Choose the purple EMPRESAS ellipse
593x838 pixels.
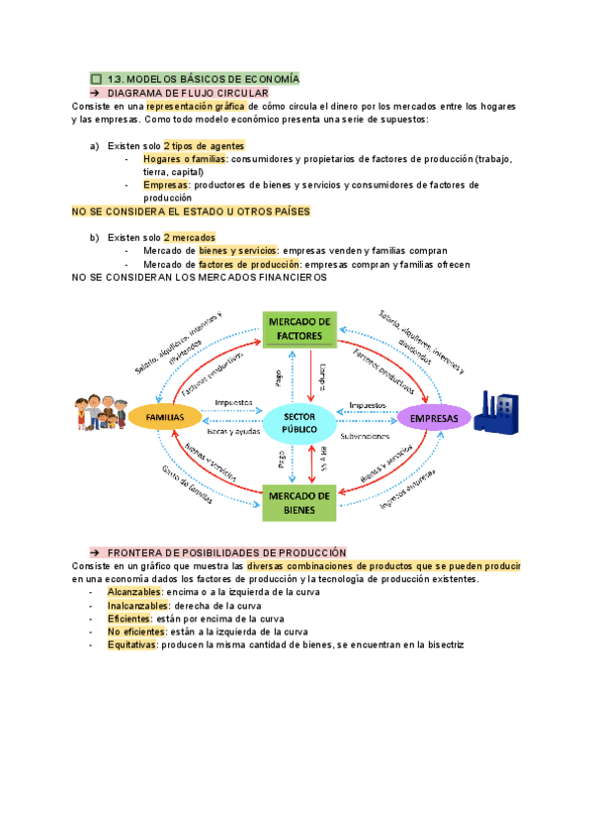pyautogui.click(x=434, y=418)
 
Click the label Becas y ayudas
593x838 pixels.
pyautogui.click(x=230, y=432)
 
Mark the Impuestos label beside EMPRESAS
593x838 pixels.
pyautogui.click(x=367, y=404)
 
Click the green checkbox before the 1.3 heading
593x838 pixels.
pyautogui.click(x=95, y=78)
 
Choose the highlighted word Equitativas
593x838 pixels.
pyautogui.click(x=131, y=644)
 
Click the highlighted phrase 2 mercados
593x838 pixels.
pyautogui.click(x=189, y=237)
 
